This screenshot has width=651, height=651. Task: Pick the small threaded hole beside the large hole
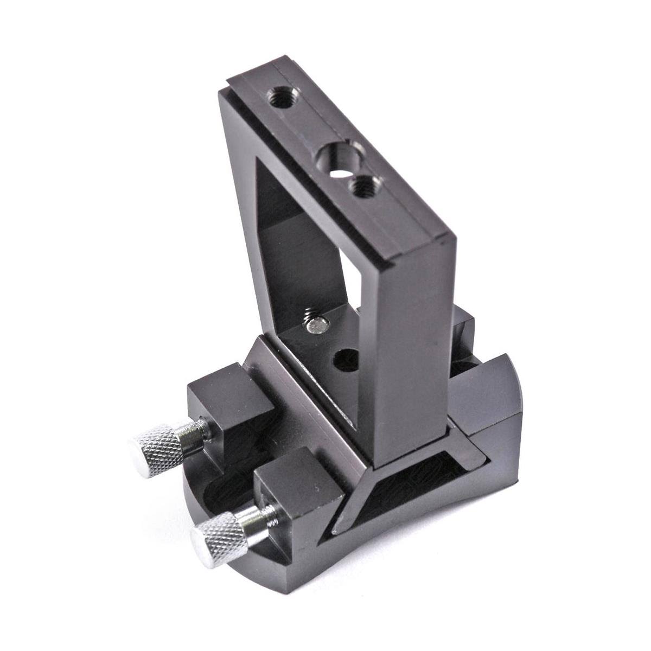[x=358, y=189]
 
